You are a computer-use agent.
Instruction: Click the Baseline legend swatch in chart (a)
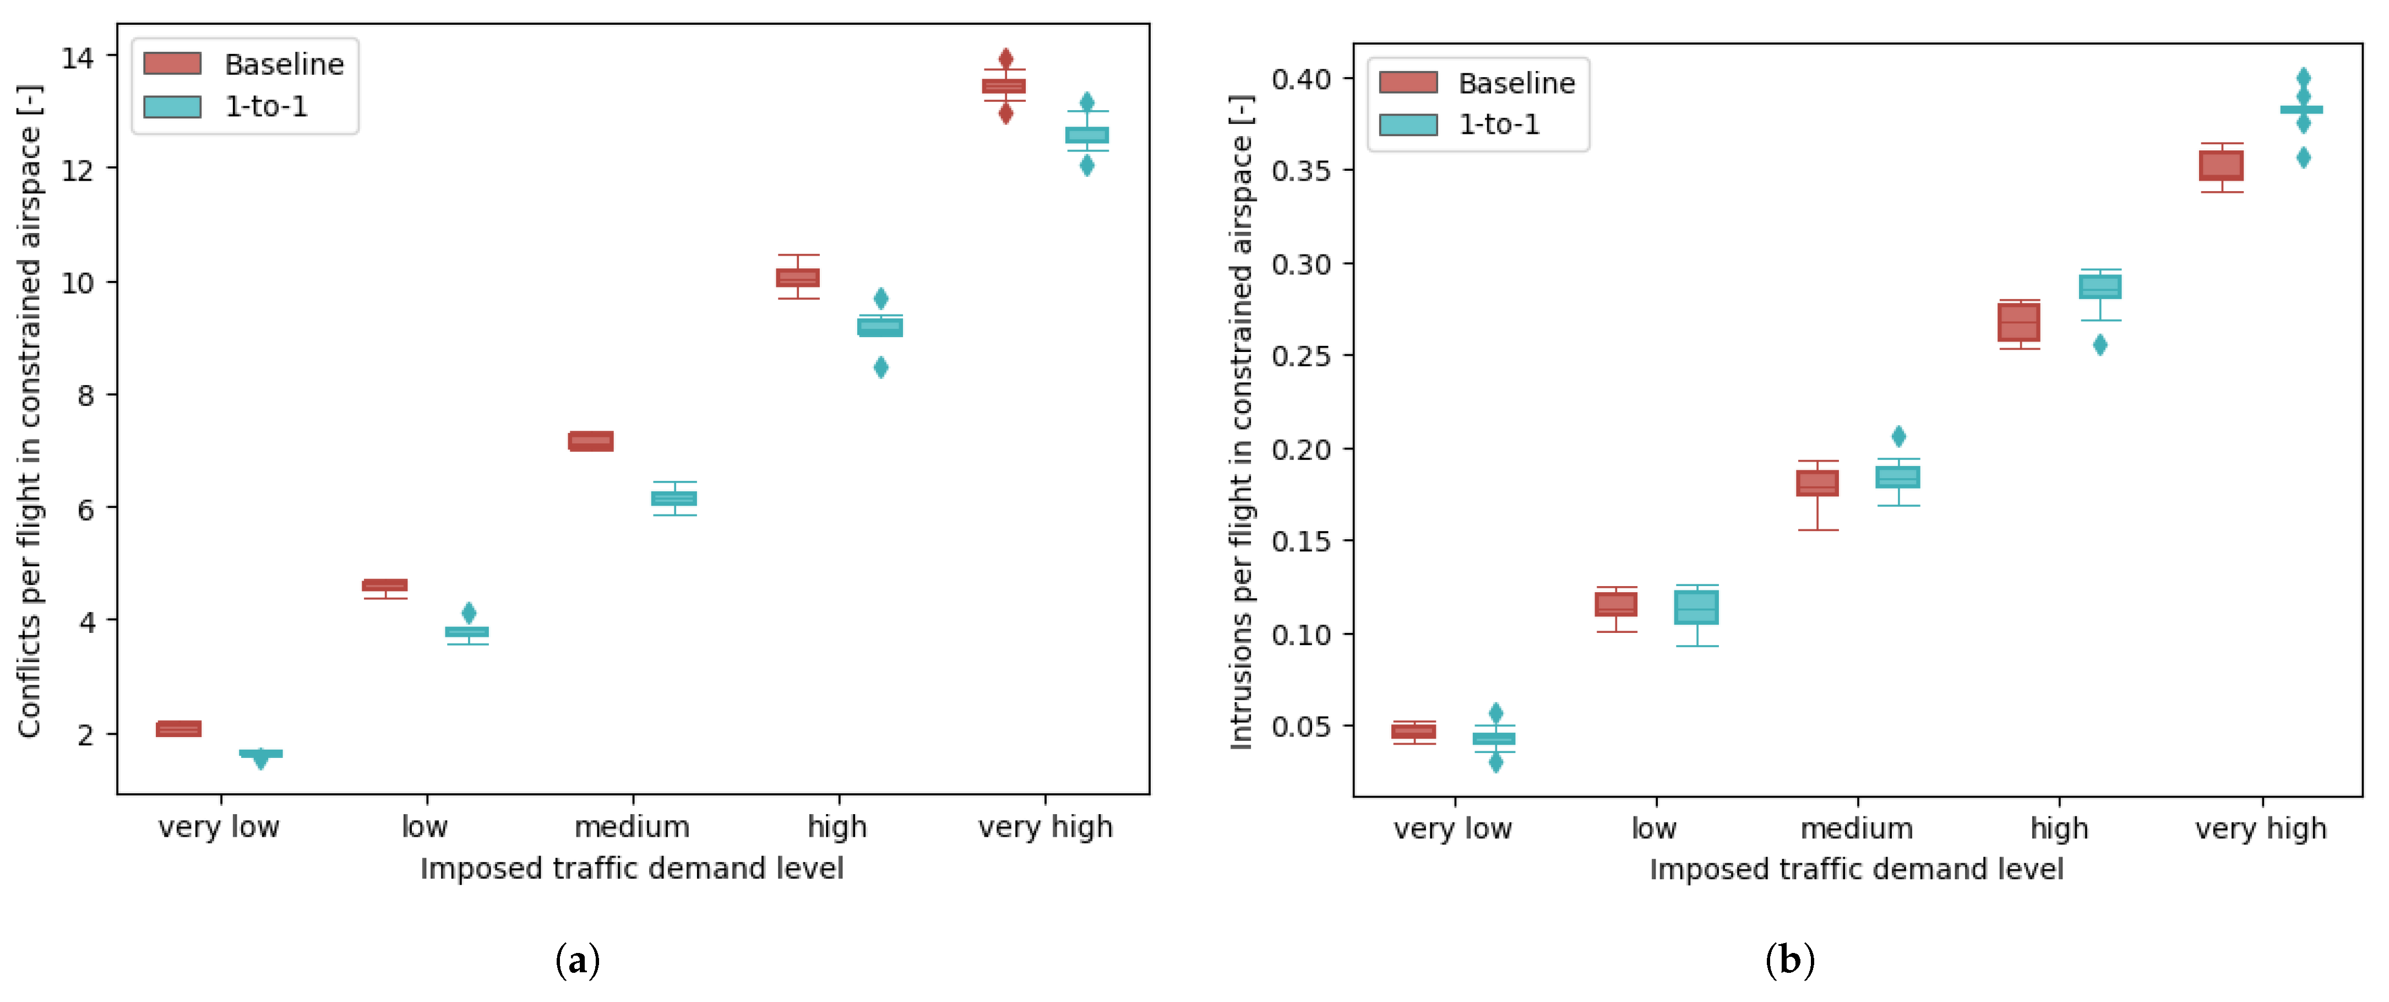172,64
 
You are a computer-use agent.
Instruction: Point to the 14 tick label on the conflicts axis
77,57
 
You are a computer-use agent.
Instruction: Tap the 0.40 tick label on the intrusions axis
1300,79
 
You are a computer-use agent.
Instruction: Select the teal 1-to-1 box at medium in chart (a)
674,498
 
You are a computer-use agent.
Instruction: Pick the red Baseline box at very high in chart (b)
2221,166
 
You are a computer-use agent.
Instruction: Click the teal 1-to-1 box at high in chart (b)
2099,286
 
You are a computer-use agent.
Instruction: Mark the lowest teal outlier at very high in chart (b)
2303,158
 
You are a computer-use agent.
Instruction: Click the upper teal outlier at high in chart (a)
881,298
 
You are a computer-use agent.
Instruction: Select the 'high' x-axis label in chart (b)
2059,827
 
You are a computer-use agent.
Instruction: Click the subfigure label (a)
577,960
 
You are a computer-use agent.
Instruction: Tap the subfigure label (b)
1789,960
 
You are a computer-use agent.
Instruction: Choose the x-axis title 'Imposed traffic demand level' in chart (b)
1855,869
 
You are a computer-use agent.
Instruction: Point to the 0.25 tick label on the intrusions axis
1300,356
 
